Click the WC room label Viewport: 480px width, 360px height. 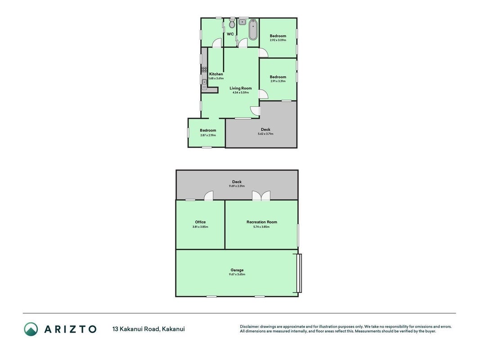230,34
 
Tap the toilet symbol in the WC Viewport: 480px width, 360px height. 232,22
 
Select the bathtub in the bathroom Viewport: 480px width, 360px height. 253,30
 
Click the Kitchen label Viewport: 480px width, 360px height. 216,74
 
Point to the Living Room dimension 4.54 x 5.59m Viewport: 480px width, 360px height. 241,92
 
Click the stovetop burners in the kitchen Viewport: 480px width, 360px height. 204,69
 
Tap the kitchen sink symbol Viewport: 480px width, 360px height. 204,84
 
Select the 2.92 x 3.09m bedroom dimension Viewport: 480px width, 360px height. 278,40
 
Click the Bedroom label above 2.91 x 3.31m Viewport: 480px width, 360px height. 278,77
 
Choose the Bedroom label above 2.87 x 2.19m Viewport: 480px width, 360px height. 208,130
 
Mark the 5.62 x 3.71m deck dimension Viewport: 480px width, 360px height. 266,134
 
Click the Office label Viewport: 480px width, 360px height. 201,222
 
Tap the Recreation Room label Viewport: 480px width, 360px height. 262,222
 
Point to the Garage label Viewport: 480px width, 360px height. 237,270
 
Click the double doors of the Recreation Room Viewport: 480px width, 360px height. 261,196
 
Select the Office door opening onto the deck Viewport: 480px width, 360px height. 209,196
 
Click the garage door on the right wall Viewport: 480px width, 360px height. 300,273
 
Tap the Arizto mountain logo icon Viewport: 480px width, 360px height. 31,329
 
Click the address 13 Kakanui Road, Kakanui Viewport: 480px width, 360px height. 148,329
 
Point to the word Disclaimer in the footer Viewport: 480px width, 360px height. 250,327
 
